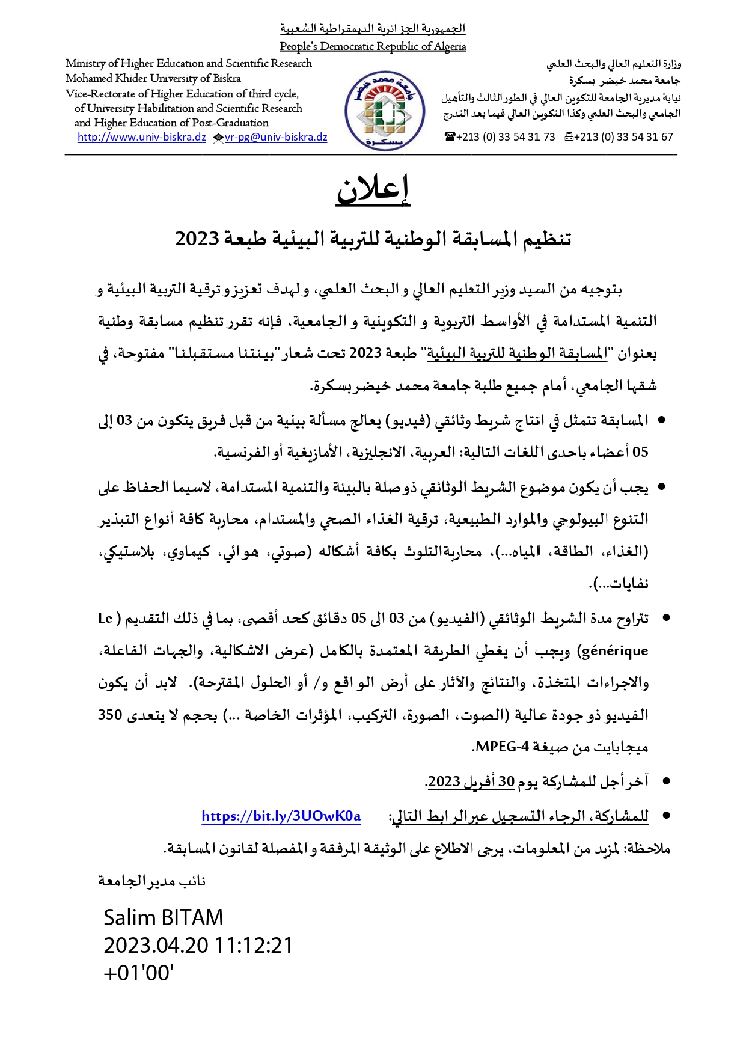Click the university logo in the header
385,111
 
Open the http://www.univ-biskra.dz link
142,137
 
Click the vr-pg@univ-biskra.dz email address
276,137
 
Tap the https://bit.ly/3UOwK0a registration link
281,816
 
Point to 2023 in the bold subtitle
197,239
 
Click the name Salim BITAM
163,917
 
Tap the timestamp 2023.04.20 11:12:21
198,945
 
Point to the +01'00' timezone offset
138,973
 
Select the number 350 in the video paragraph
111,715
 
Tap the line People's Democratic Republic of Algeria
373,46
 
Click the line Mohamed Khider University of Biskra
153,78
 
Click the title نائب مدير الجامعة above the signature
152,881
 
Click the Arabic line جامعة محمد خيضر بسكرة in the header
625,80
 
